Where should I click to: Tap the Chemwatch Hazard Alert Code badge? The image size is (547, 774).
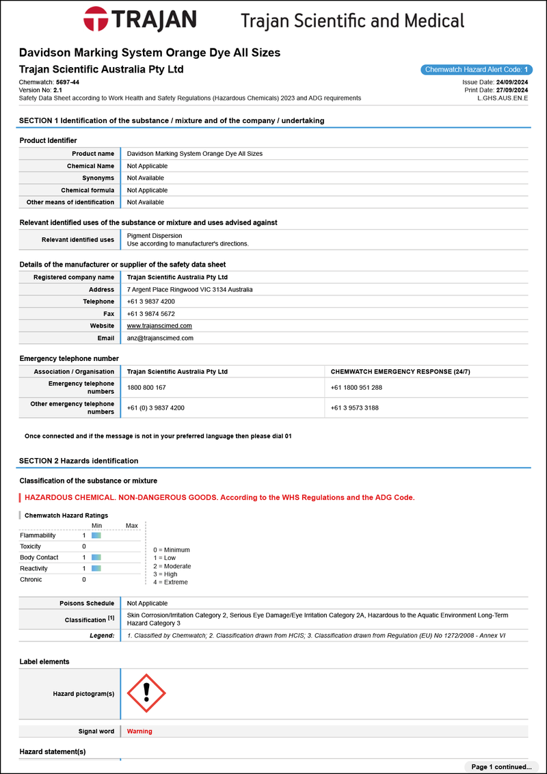tap(477, 70)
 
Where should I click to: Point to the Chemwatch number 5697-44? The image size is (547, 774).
tap(67, 82)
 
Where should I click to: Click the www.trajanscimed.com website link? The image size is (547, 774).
tap(159, 326)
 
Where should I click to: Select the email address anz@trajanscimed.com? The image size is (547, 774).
tap(160, 338)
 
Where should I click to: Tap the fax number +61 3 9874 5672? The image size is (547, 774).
tap(150, 314)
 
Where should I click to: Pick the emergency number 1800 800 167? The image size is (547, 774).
tap(146, 388)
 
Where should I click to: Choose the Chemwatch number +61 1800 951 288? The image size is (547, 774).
tap(356, 388)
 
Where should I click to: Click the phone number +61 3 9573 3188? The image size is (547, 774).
tap(354, 408)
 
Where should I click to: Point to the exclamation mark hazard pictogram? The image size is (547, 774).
tap(146, 693)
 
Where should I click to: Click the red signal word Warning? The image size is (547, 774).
tap(139, 732)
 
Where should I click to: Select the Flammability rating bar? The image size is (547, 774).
tap(96, 535)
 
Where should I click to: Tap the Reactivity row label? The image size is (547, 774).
tap(35, 568)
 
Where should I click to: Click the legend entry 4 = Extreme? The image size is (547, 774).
tap(170, 583)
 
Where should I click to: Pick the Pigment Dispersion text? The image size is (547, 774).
tap(155, 236)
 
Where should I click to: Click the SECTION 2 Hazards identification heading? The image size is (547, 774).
tap(79, 461)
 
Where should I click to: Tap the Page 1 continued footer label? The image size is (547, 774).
tap(501, 767)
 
